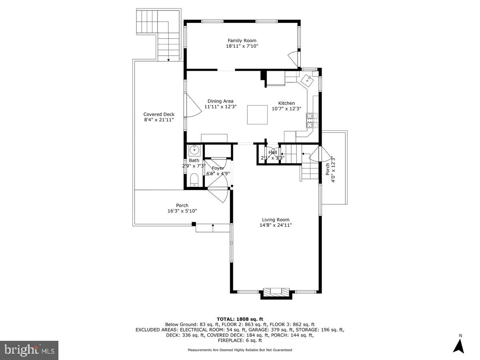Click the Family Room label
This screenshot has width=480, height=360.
242,40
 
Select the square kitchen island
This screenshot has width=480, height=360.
257,115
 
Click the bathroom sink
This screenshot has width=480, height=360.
194,151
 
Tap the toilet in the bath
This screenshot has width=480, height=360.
194,180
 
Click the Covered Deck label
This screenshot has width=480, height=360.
159,114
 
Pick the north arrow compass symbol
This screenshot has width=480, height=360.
458,345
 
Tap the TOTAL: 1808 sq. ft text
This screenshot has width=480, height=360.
240,319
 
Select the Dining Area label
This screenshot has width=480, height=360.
220,101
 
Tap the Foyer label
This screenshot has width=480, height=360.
218,168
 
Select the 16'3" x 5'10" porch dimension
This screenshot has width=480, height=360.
182,211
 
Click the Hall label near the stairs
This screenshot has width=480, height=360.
273,152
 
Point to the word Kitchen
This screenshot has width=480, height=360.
286,103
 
